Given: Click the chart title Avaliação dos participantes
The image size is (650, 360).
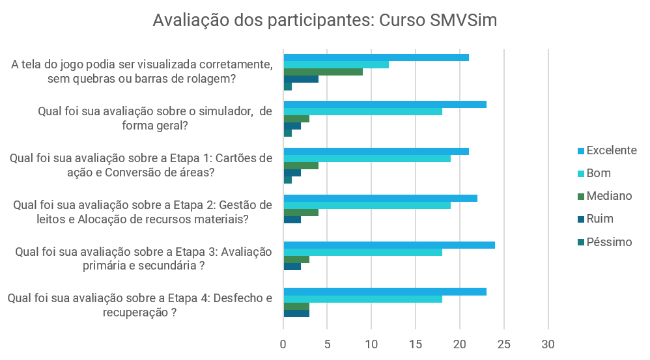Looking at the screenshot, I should click(324, 20).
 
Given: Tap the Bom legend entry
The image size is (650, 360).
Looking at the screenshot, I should click(599, 173).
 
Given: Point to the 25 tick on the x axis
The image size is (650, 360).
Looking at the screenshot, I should click(504, 344).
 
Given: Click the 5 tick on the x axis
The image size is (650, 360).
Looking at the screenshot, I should click(328, 344).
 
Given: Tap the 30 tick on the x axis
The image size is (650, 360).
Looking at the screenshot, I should click(548, 344).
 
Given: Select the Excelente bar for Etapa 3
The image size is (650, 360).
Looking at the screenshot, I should click(389, 245).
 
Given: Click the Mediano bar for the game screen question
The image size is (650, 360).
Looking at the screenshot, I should click(323, 72).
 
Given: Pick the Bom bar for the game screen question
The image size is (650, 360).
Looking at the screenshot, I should click(336, 64).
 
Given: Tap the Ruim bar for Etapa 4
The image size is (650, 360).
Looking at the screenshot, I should click(296, 314).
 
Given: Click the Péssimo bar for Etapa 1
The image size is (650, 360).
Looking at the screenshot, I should click(288, 180).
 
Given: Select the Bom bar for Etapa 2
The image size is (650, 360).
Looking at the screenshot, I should click(367, 205).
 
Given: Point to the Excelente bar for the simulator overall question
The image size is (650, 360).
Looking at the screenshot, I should click(385, 105).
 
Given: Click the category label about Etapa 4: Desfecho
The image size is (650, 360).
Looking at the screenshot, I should click(139, 305).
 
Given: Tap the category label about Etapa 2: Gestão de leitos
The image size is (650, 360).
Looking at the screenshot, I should click(142, 212).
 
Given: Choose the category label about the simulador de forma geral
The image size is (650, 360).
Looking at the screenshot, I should click(155, 118).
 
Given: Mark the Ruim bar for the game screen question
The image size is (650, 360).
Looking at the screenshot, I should click(301, 79).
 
